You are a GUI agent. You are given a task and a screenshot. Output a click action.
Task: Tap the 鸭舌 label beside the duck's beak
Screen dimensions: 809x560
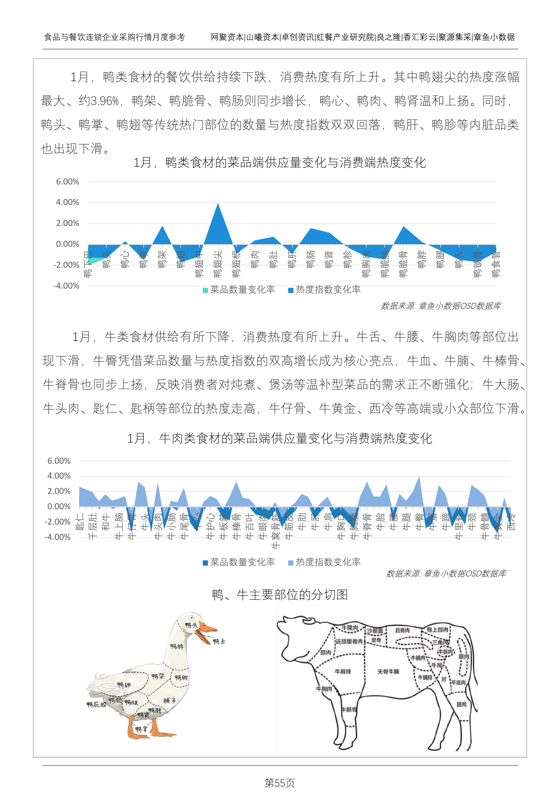[219, 641]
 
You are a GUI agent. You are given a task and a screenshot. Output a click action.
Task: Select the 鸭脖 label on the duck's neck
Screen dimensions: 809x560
[177, 646]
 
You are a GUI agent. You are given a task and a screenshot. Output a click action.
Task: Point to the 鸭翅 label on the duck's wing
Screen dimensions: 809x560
[124, 685]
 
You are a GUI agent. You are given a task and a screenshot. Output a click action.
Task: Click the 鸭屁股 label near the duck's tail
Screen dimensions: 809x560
[96, 704]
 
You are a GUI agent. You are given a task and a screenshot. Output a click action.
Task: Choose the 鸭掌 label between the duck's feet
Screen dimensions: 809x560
[141, 729]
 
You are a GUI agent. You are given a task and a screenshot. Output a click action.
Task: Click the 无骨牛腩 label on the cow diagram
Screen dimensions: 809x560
[388, 671]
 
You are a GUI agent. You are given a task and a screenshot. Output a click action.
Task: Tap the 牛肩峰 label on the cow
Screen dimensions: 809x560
[343, 671]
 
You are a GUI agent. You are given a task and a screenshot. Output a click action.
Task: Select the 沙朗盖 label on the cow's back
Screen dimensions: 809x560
[375, 631]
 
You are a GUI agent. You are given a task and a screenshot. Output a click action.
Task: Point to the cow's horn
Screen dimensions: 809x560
[308, 621]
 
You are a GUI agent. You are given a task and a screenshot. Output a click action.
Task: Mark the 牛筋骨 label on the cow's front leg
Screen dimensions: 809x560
[349, 709]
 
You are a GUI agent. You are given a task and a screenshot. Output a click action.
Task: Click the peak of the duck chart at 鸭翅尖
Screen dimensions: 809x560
[218, 203]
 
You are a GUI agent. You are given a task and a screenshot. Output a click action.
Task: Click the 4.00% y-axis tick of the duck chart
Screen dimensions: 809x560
[68, 202]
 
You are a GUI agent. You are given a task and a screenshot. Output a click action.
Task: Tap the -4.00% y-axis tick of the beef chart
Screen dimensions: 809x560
[59, 537]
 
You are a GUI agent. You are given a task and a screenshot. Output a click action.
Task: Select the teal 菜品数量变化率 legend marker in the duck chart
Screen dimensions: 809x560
[205, 290]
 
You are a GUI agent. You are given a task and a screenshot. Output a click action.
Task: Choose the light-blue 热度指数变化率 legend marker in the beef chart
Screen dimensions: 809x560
[291, 563]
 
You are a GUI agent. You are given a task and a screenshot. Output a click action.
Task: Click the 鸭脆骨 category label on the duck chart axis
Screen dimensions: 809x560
[403, 264]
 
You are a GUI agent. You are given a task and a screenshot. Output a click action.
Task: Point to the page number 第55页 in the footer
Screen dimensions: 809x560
[280, 783]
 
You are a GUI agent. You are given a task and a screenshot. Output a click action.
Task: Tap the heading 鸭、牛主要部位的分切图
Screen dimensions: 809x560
[280, 594]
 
